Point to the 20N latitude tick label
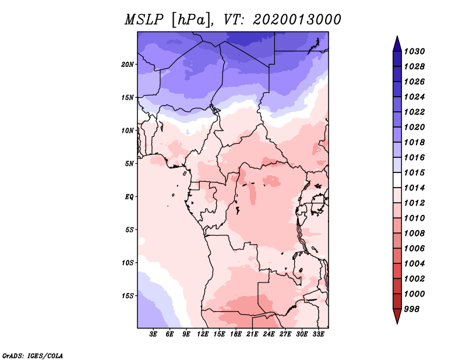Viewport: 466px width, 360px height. tap(128, 64)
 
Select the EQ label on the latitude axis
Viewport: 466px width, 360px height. tap(129, 196)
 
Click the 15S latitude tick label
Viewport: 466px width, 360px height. tap(128, 295)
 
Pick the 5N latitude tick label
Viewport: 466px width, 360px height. tap(129, 164)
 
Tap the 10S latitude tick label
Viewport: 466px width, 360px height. tap(128, 263)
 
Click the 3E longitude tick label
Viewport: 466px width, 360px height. tap(154, 334)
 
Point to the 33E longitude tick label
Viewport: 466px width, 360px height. tap(319, 334)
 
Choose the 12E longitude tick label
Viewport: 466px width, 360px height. tap(203, 334)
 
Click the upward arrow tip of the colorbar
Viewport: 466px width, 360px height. tap(397, 38)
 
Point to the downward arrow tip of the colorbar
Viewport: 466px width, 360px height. tap(397, 322)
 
